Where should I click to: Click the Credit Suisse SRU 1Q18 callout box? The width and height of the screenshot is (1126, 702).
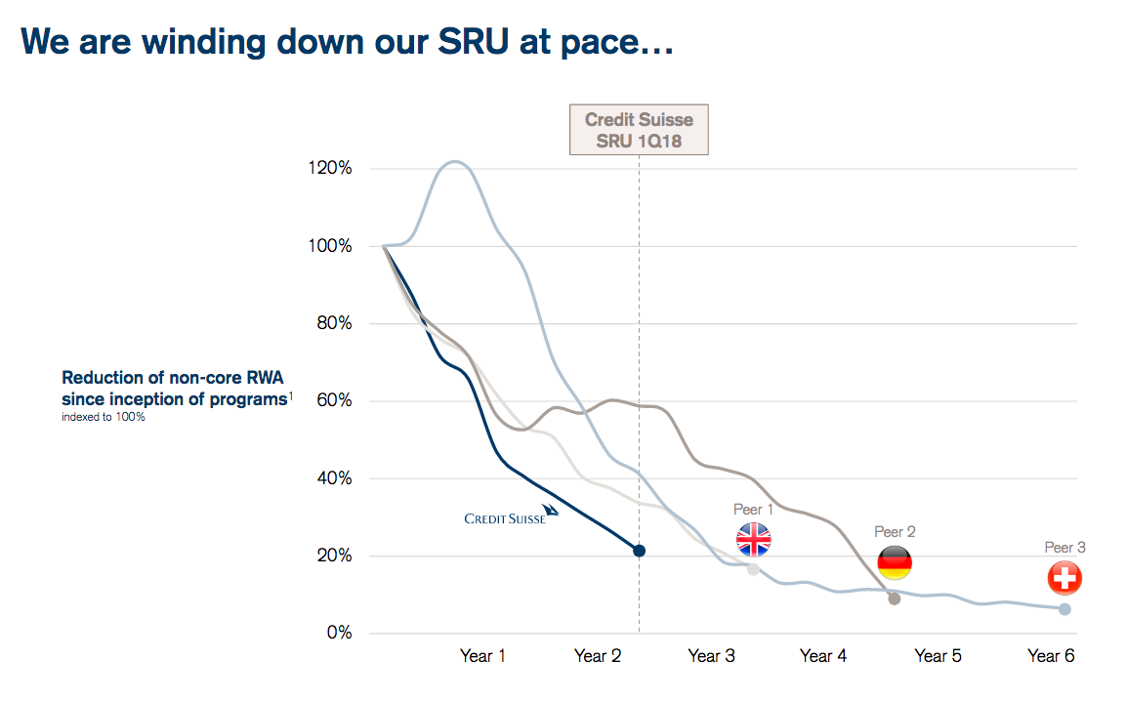tap(639, 131)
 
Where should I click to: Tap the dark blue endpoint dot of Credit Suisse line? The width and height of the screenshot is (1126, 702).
tap(639, 551)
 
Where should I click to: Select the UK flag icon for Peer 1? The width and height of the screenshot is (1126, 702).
tap(753, 539)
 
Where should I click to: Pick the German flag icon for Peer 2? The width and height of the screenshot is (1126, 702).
tap(895, 562)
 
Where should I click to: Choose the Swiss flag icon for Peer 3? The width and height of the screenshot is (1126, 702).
tap(1064, 578)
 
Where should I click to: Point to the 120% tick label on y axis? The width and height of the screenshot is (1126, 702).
tap(331, 168)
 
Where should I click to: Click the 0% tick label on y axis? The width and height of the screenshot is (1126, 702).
tap(339, 634)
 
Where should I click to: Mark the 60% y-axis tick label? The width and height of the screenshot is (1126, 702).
tap(335, 401)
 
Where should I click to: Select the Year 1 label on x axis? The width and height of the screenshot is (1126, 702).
tap(482, 656)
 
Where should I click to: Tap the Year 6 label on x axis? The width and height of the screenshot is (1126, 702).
tap(1051, 656)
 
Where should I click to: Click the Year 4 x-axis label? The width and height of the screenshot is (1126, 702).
tap(823, 656)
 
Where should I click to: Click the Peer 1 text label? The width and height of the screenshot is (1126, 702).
tap(753, 510)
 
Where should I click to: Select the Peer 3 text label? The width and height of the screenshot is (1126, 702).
tap(1064, 548)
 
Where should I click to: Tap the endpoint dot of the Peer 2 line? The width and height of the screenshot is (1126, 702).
tap(895, 599)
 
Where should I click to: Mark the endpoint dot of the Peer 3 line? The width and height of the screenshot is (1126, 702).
tap(1064, 609)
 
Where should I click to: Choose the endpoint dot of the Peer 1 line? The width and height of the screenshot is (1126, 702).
tap(753, 569)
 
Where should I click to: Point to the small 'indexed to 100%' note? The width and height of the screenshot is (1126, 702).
tap(103, 418)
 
